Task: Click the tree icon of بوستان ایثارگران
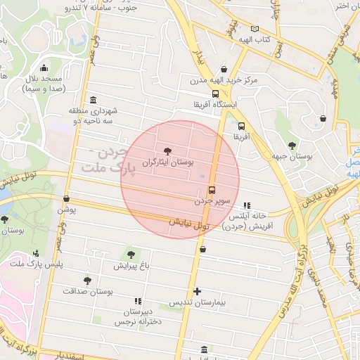167,150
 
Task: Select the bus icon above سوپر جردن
212,190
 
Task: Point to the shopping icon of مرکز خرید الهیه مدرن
224,69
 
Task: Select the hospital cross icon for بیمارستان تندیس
197,290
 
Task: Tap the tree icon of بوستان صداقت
87,281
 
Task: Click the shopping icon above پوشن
66,199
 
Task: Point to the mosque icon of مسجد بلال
44,68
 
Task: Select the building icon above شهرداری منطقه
94,100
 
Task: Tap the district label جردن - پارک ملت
105,161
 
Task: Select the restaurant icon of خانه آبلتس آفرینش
246,205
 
